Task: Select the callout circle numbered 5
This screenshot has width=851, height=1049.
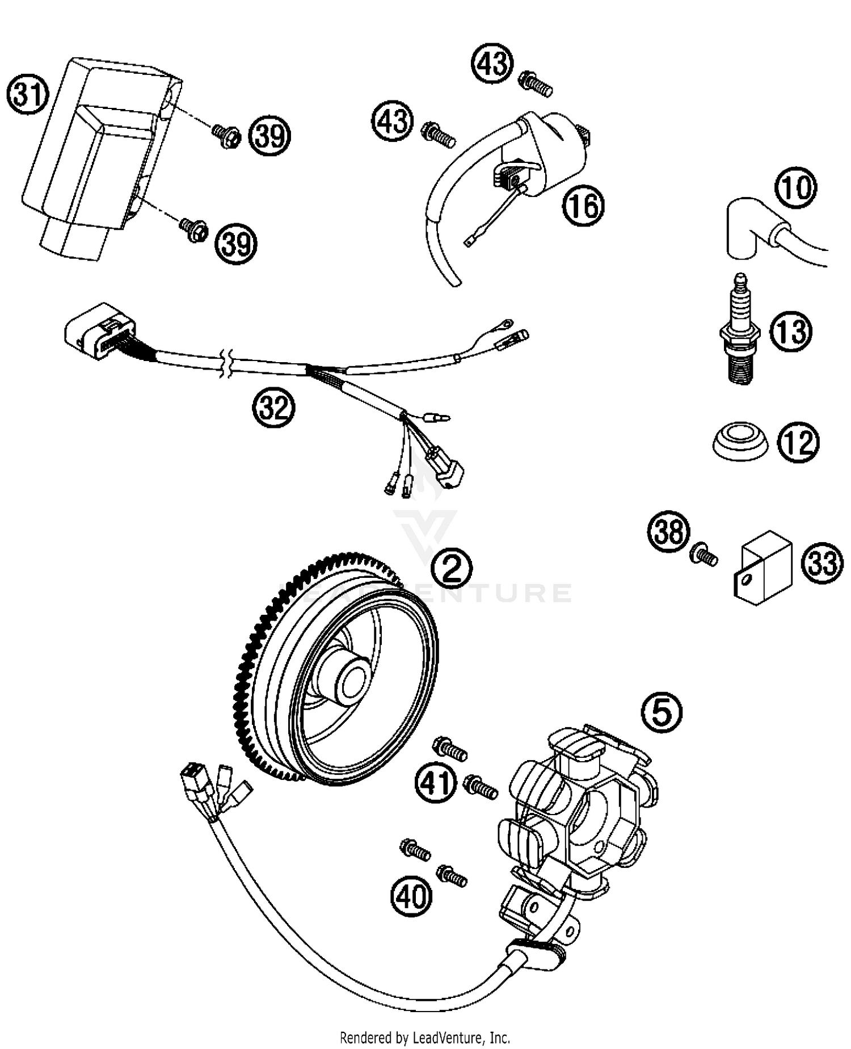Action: click(x=662, y=711)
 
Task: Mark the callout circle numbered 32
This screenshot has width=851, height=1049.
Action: click(x=273, y=406)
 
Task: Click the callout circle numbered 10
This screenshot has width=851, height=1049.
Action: click(x=795, y=187)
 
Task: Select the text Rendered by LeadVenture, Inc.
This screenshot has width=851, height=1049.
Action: click(x=424, y=1037)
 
